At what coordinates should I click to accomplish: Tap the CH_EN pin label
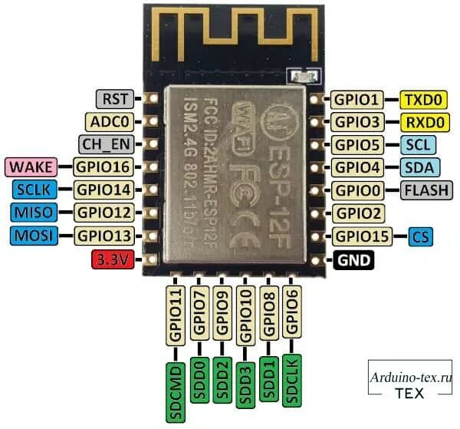coord(105,144)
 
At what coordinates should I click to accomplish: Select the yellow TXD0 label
coord(422,100)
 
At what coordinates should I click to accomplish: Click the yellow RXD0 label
coord(422,122)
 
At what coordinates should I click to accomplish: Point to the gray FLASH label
coord(424,190)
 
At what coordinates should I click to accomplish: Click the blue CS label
coord(421,236)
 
